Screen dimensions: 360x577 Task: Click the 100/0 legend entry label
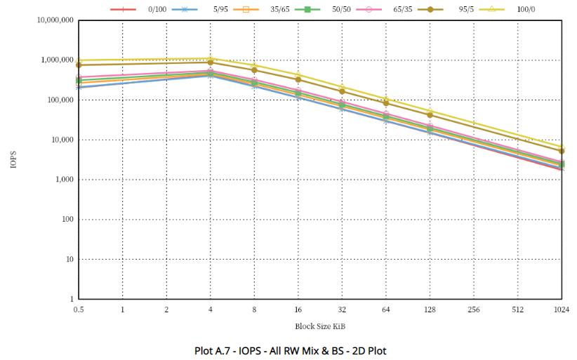point(527,9)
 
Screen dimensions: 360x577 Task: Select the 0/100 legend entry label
point(157,9)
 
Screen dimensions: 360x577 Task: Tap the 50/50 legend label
point(342,9)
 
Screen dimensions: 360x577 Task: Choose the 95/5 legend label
point(465,9)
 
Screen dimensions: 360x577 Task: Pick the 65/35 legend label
point(403,9)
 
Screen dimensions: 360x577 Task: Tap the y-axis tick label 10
point(68,260)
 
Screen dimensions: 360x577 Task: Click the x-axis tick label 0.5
point(79,309)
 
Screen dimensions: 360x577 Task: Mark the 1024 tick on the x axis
point(561,309)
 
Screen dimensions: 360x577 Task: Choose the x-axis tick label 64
point(385,309)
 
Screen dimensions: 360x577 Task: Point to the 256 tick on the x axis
point(473,309)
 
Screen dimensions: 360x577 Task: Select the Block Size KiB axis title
point(319,326)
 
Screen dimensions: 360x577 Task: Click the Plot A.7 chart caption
point(290,350)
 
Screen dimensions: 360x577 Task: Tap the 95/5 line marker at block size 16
point(298,79)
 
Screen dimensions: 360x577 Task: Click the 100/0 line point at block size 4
point(211,58)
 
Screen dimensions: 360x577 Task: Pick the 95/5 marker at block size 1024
point(562,151)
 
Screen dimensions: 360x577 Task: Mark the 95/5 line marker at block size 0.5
point(79,65)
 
